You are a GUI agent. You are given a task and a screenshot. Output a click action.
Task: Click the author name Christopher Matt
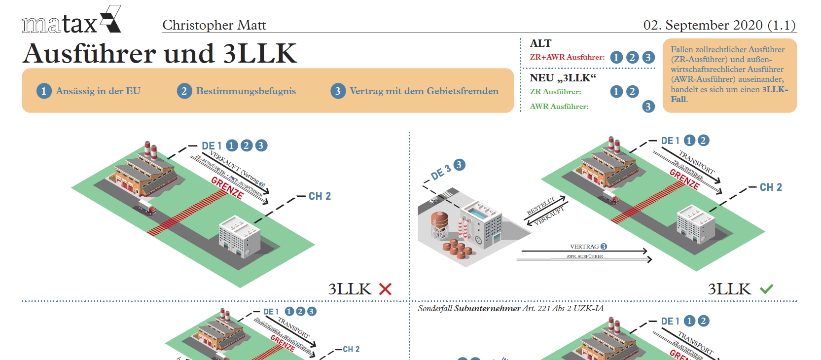pos(214,25)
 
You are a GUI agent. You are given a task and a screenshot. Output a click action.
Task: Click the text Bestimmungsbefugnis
pos(246,91)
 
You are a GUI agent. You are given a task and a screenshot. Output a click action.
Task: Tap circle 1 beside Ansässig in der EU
pos(44,91)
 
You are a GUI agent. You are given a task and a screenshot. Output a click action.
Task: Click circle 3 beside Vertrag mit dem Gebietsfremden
pos(338,91)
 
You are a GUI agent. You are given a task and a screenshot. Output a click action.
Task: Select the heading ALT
pos(540,43)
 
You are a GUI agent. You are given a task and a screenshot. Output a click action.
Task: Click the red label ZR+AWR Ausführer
pos(567,57)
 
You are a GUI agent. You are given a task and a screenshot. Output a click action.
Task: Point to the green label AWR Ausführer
pos(559,107)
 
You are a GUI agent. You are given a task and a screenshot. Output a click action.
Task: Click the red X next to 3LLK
pos(385,289)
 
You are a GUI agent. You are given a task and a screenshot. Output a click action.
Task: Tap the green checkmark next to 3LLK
pos(766,289)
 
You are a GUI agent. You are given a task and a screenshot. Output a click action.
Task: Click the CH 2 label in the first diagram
pos(320,196)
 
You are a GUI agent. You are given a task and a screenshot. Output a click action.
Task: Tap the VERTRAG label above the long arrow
pos(584,247)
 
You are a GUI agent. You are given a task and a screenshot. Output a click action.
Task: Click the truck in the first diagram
pos(147,207)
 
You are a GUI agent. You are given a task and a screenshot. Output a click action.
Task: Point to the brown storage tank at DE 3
pos(439,220)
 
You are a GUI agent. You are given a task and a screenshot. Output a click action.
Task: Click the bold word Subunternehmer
pos(487,309)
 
